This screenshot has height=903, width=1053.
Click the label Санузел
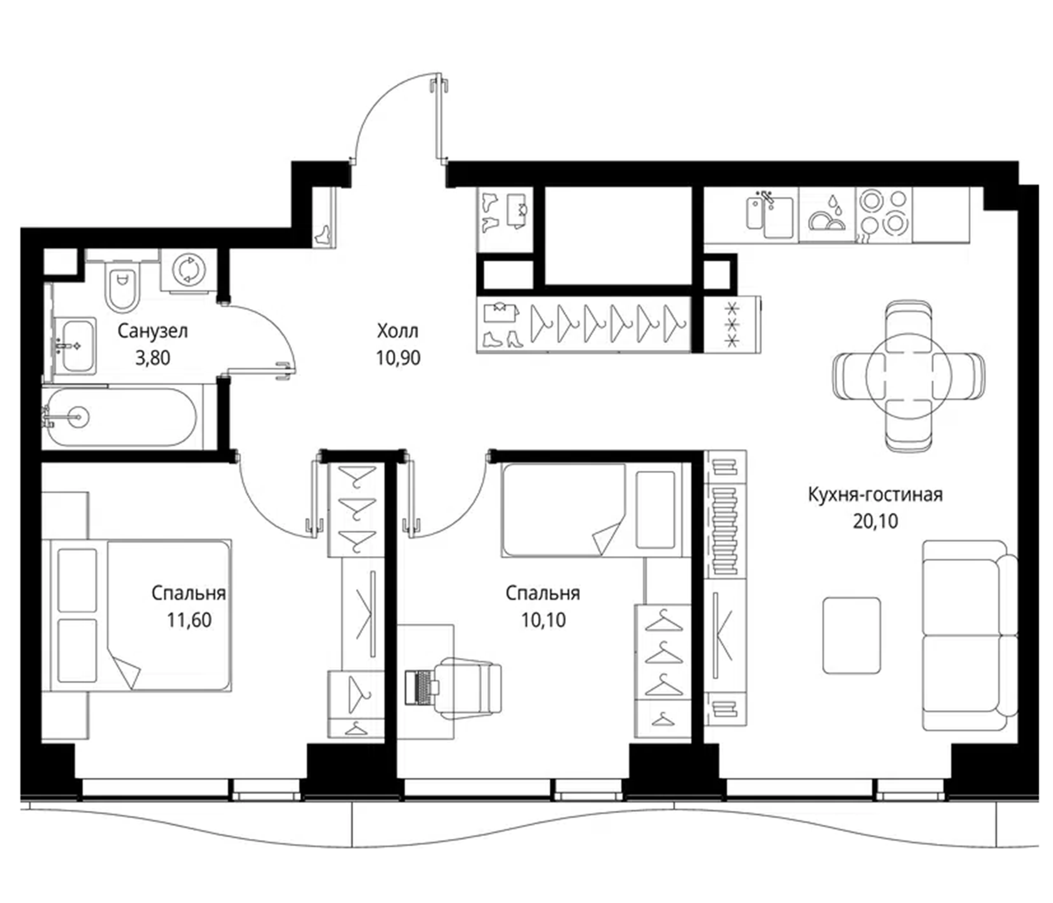[x=152, y=331]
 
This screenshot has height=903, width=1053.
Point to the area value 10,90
[x=398, y=358]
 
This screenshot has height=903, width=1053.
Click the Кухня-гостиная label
[x=875, y=494]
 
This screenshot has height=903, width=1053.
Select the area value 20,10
[x=875, y=521]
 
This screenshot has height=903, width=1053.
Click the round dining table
[x=909, y=376]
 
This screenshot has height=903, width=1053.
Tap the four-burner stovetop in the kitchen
[x=883, y=214]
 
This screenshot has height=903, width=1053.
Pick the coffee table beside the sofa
[x=852, y=636]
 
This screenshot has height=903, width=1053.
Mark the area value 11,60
[x=189, y=620]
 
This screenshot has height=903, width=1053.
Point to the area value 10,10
[x=543, y=620]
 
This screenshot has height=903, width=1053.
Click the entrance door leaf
[x=439, y=119]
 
